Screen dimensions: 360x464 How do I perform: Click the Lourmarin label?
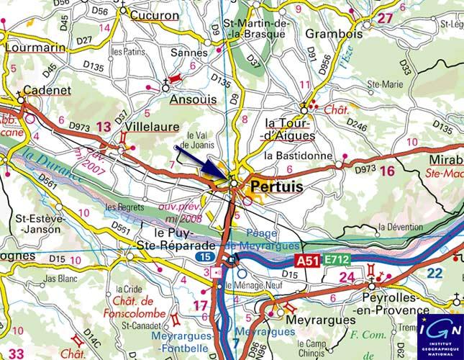pos(35,48)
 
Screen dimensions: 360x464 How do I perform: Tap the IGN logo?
pos(440,334)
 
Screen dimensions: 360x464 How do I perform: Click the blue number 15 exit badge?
pos(205,256)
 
